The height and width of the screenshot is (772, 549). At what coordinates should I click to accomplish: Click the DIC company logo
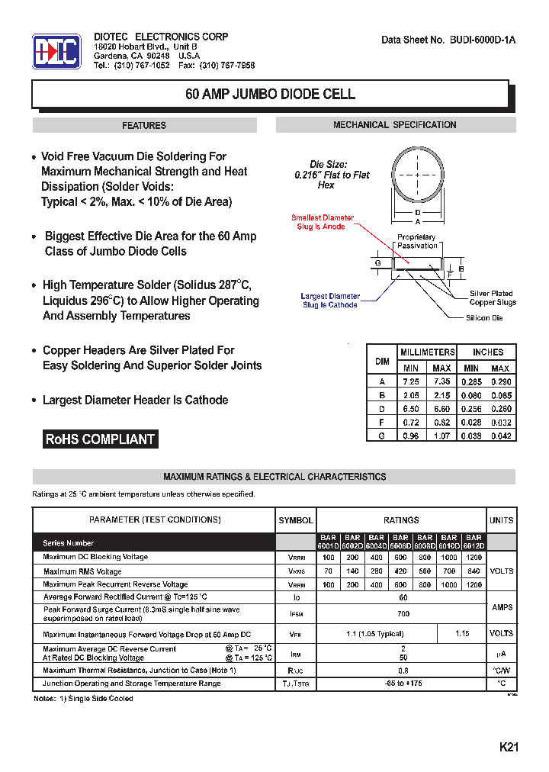56,51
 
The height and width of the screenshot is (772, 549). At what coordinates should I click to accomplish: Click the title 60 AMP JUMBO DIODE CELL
271,95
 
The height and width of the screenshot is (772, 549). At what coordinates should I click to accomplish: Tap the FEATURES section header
144,125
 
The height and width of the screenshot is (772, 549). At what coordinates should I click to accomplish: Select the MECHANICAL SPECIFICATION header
395,125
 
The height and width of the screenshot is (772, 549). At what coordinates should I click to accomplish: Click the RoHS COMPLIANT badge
100,439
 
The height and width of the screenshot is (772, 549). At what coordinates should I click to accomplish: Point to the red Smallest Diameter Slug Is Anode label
323,222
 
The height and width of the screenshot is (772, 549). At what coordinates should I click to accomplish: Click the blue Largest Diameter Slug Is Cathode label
329,301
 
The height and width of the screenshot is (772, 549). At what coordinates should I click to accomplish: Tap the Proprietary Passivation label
417,241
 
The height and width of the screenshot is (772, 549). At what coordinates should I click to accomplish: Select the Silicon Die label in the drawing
484,317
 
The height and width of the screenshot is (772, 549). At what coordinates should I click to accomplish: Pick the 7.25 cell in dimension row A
410,381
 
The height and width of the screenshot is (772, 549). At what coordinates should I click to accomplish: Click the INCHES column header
488,352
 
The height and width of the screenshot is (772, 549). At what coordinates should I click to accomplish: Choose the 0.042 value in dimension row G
501,436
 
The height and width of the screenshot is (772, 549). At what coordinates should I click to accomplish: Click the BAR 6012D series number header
474,542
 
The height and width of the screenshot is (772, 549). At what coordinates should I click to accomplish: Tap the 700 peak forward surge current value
403,613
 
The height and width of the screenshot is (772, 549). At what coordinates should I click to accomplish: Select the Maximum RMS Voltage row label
82,571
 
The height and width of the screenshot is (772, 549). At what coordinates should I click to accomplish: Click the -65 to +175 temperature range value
403,684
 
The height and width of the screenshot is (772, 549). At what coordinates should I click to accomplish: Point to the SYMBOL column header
296,520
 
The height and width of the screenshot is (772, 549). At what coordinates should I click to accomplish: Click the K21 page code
509,748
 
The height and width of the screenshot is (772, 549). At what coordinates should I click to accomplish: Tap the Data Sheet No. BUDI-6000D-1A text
448,40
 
